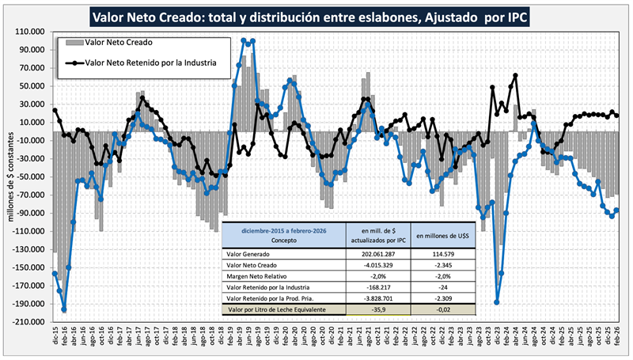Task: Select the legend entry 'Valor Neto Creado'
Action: (119, 42)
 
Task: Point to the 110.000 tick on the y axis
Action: (32, 32)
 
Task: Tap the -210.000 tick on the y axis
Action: (30, 321)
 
